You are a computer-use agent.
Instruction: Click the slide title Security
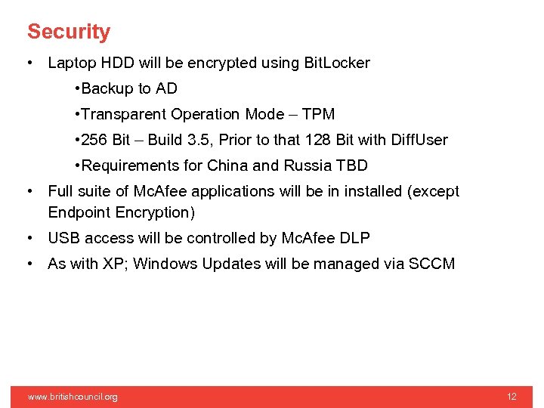69,32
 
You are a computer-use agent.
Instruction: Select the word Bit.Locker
336,63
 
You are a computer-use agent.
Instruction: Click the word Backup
107,88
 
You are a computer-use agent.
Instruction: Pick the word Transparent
123,114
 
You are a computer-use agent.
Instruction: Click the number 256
94,140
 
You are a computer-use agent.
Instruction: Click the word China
227,165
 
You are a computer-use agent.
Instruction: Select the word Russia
308,165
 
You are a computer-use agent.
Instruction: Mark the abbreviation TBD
352,165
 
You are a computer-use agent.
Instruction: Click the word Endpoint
79,212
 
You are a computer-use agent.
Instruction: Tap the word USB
63,238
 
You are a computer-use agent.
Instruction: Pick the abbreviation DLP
354,238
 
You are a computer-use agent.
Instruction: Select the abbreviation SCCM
431,264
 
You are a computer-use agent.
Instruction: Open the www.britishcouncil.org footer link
73,397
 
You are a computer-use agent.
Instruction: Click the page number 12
512,397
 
